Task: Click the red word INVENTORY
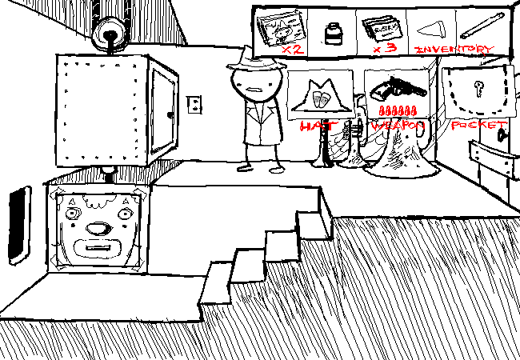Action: (x=454, y=48)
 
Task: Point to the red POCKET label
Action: (x=478, y=125)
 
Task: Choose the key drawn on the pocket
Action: (x=478, y=89)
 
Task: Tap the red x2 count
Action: (x=291, y=49)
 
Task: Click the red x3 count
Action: (x=382, y=49)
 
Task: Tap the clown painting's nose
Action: (x=98, y=229)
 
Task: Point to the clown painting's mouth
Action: (x=98, y=249)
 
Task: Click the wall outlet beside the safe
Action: (x=194, y=104)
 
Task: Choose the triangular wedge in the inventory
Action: (x=430, y=29)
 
